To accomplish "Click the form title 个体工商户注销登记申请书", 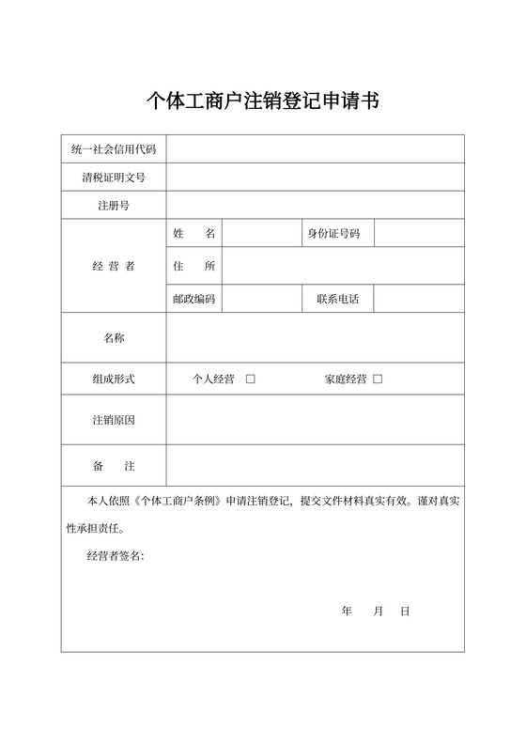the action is pyautogui.click(x=263, y=100).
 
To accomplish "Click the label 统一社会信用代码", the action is pyautogui.click(x=114, y=149).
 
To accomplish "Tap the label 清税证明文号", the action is pyautogui.click(x=114, y=177).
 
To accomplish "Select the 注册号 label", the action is pyautogui.click(x=114, y=205).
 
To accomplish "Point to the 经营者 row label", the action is pyautogui.click(x=114, y=266).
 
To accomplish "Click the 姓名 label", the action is pyautogui.click(x=194, y=233).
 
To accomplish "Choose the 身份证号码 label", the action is pyautogui.click(x=333, y=233).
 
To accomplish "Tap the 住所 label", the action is pyautogui.click(x=194, y=266).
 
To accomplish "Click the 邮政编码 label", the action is pyautogui.click(x=194, y=300).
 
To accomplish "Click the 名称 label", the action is pyautogui.click(x=114, y=337).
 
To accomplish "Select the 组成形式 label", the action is pyautogui.click(x=114, y=380).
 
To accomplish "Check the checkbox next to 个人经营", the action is pyautogui.click(x=251, y=380).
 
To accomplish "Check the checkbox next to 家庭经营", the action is pyautogui.click(x=378, y=380).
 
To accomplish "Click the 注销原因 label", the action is pyautogui.click(x=114, y=420).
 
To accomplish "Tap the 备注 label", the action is pyautogui.click(x=114, y=466).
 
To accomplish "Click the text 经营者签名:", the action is pyautogui.click(x=116, y=556).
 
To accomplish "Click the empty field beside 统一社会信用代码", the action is pyautogui.click(x=316, y=149).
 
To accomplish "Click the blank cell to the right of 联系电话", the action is pyautogui.click(x=419, y=300).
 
